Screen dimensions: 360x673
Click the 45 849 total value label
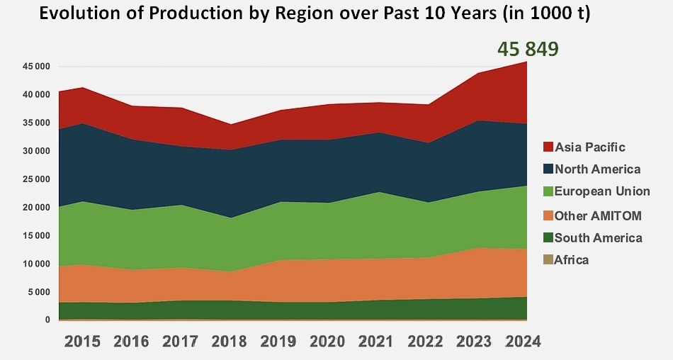(x=528, y=49)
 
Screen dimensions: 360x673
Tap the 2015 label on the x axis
(x=82, y=341)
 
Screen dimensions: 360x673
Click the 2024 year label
(x=522, y=341)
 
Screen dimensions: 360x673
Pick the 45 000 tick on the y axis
(x=35, y=67)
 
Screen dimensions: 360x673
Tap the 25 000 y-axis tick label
(x=35, y=179)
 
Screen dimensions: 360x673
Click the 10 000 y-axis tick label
(x=35, y=264)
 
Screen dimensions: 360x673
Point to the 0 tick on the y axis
(x=48, y=320)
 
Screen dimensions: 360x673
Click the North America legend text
(x=598, y=169)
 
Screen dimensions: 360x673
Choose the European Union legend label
(x=602, y=192)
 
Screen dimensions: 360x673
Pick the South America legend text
(x=599, y=237)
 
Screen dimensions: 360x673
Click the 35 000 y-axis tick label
(x=35, y=123)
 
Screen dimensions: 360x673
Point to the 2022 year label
(x=424, y=341)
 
